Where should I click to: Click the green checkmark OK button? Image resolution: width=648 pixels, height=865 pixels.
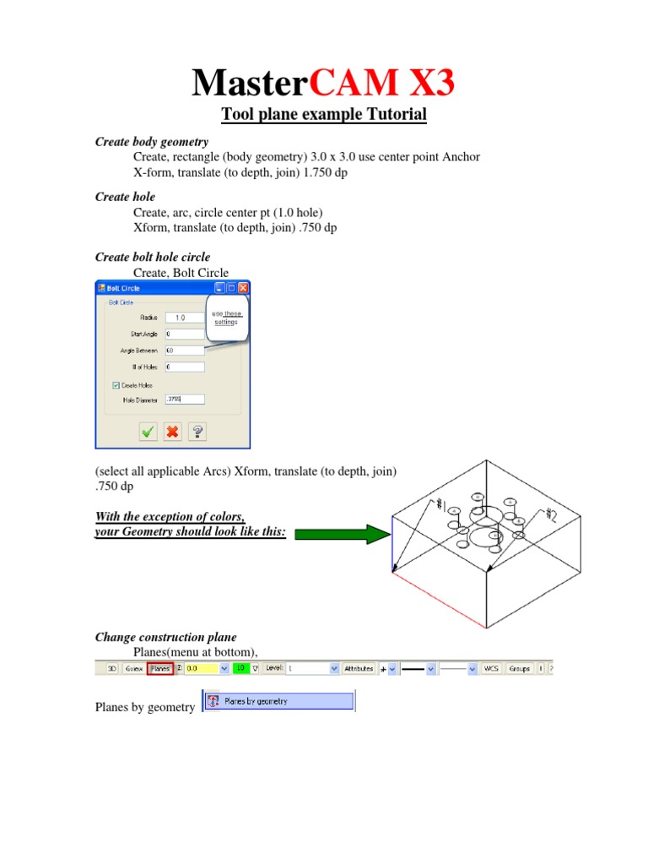click(148, 432)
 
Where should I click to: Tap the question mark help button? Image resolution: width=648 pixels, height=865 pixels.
click(197, 432)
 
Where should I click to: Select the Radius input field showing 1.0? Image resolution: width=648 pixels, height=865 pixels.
click(184, 318)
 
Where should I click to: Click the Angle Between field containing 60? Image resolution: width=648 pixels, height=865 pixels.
click(184, 351)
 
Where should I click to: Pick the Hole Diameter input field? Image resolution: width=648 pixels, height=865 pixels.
click(184, 400)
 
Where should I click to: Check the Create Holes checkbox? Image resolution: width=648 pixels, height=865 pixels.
click(116, 385)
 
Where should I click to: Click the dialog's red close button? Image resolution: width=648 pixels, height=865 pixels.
click(243, 288)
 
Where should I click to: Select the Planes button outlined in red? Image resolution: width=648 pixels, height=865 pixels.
click(160, 668)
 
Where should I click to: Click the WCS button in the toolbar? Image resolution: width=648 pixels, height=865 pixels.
click(491, 668)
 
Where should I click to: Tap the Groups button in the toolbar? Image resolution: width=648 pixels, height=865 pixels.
click(520, 668)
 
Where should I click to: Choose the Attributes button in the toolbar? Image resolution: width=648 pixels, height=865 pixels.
click(359, 668)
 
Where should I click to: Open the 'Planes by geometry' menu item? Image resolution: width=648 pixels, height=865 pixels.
click(278, 701)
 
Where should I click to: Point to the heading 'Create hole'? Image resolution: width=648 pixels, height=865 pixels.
click(125, 197)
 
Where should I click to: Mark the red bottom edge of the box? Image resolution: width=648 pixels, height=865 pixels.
click(439, 600)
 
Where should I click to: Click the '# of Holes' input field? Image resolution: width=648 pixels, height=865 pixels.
click(184, 367)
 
